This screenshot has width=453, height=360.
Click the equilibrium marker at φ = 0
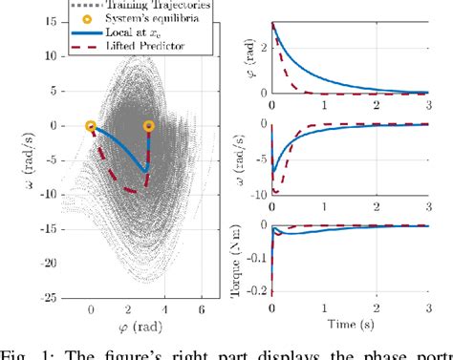tap(90, 125)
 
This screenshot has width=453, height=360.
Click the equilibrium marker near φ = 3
tap(149, 125)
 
